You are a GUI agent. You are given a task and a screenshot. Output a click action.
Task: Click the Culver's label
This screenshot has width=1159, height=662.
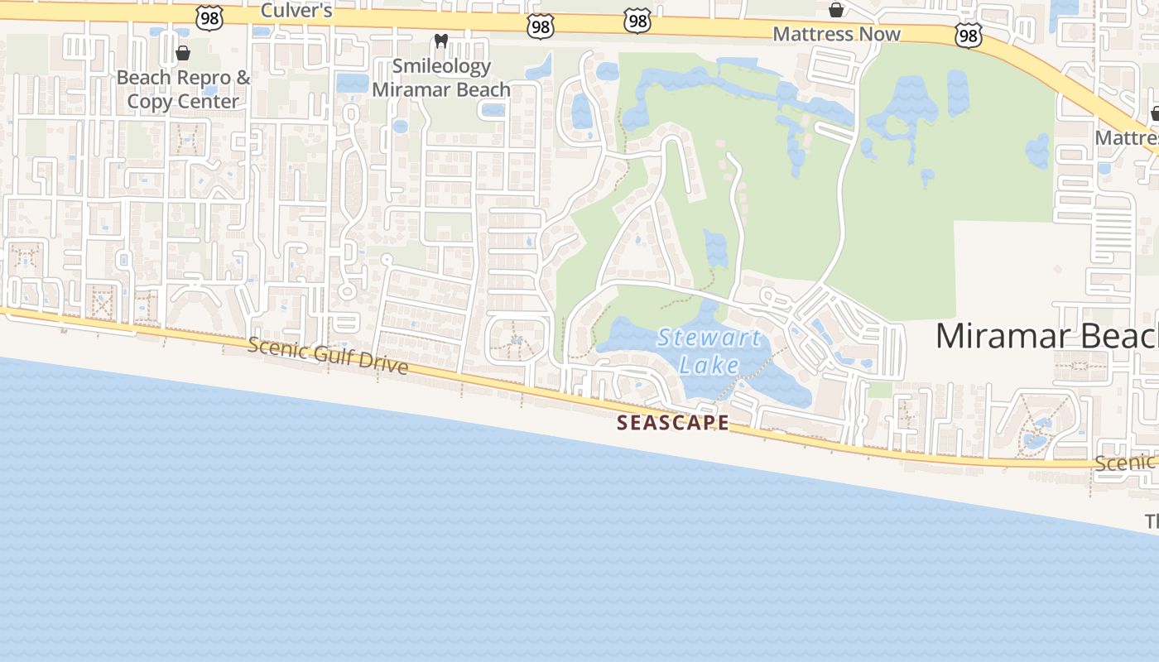coord(296,11)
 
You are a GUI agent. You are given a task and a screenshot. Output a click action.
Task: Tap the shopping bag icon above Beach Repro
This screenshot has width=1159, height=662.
coord(183,54)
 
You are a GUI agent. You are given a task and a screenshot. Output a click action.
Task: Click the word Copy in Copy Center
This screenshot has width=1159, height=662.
coord(149,102)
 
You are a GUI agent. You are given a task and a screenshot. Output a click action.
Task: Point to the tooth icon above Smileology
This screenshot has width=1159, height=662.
coord(440,41)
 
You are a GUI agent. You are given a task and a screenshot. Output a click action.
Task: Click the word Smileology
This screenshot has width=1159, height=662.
coord(441,66)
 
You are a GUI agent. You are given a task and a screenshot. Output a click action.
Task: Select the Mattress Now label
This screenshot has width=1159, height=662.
coord(836,35)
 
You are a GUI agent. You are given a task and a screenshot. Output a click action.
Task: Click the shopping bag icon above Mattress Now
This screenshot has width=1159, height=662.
coord(836,10)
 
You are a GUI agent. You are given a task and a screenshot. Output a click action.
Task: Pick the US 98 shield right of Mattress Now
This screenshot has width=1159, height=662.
coord(968,35)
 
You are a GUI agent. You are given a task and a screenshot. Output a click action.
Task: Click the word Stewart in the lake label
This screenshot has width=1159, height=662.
coord(709,338)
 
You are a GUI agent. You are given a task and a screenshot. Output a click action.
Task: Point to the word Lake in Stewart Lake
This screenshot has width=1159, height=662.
coord(709,362)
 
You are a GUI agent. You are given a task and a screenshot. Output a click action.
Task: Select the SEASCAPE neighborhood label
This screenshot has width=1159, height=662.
coord(673,423)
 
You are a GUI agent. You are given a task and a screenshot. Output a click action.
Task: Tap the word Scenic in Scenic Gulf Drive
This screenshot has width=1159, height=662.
coord(277,348)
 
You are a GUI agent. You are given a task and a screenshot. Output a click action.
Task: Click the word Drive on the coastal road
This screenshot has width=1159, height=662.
coord(386,365)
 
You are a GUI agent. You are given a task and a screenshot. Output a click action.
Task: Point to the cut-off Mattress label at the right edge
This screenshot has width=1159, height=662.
coord(1126,137)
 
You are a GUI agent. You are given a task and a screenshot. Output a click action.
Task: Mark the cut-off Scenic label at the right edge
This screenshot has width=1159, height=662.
coord(1126,463)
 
